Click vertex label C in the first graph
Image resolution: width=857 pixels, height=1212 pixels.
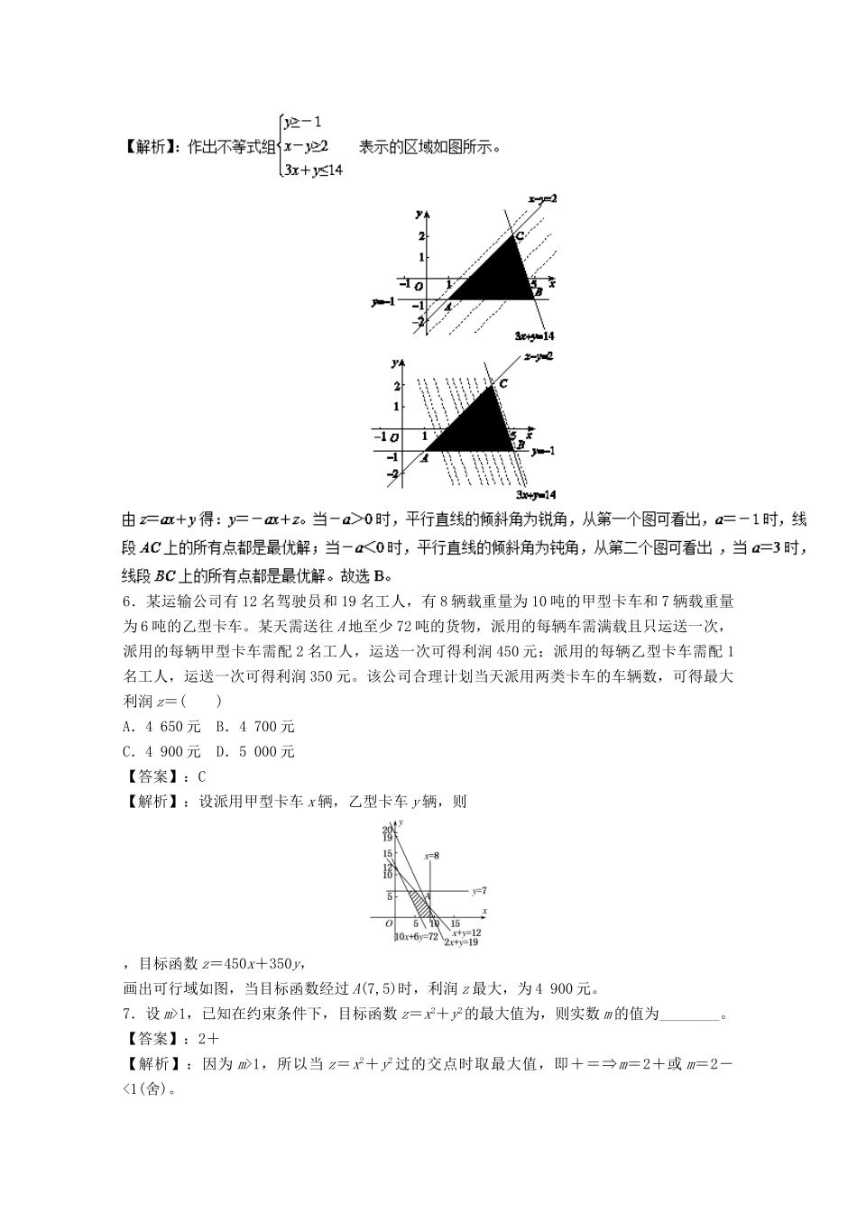518,237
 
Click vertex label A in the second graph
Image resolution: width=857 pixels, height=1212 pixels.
424,456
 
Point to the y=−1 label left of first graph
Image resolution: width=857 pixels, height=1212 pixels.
382,301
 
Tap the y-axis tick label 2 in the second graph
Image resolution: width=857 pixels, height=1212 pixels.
395,386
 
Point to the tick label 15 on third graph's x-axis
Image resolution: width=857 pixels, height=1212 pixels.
456,923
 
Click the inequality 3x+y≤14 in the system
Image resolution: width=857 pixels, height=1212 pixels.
312,170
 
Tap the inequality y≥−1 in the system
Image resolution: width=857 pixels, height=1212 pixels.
302,121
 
